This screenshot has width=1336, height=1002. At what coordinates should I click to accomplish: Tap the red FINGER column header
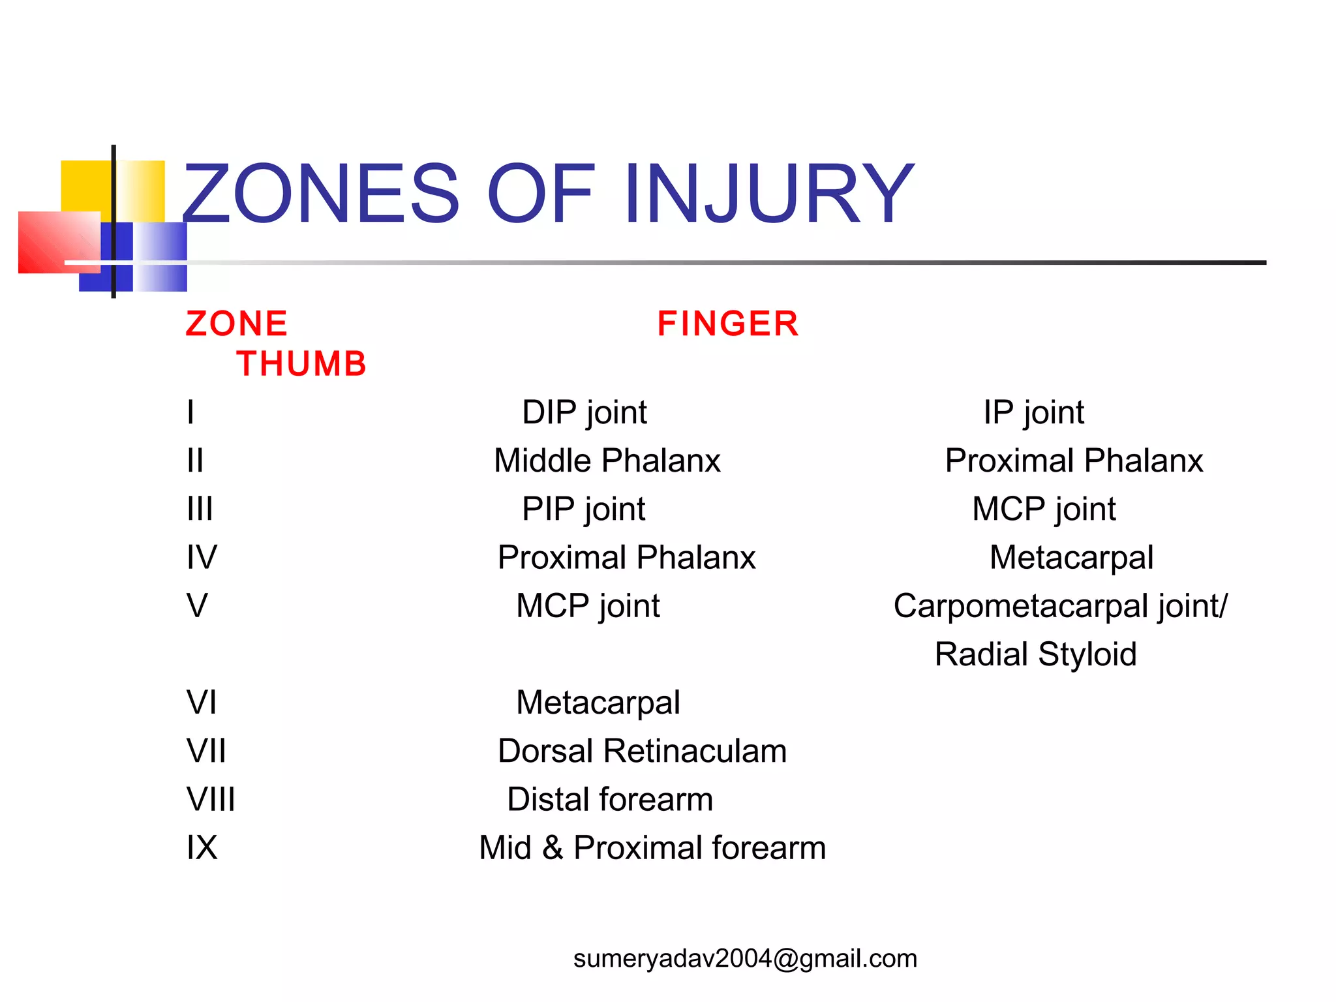[x=727, y=324]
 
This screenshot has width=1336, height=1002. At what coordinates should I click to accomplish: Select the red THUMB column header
[x=301, y=363]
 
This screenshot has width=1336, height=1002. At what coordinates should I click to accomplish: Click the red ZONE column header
[x=236, y=324]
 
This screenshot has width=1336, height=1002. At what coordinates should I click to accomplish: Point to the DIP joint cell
[x=584, y=412]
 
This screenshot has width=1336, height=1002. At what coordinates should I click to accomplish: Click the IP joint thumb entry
[x=1033, y=412]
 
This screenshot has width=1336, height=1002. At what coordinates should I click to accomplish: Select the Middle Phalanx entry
[x=607, y=461]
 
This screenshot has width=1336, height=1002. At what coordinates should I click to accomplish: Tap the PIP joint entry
[x=583, y=509]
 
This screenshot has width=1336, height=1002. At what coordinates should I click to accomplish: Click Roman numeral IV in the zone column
[x=202, y=557]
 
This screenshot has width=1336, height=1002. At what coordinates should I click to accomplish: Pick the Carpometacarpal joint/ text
[x=1060, y=606]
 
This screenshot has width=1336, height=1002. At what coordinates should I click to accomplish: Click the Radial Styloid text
[x=1035, y=654]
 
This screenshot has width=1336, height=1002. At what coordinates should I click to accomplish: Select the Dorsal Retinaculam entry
[x=642, y=751]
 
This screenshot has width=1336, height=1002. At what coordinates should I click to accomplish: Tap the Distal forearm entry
[x=610, y=799]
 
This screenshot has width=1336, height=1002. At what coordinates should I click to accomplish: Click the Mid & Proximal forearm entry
[x=652, y=848]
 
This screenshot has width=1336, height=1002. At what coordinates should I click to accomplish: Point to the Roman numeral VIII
[x=210, y=799]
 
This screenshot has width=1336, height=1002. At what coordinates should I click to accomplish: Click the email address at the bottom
[x=745, y=958]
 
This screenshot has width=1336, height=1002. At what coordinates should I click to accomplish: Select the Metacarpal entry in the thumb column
[x=1071, y=558]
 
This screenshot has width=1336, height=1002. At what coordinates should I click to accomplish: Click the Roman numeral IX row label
[x=202, y=848]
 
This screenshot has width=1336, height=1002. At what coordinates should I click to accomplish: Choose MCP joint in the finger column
[x=588, y=606]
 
